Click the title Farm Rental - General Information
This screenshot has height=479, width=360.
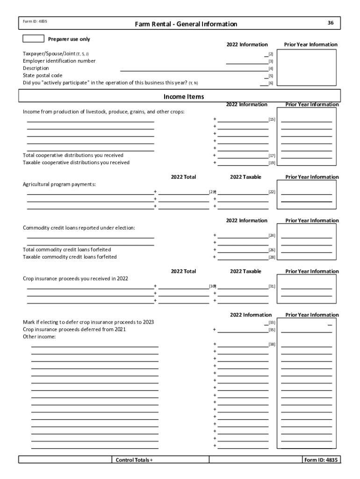click(x=186, y=24)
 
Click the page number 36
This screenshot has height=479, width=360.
click(x=331, y=22)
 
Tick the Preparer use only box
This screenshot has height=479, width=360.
click(x=33, y=39)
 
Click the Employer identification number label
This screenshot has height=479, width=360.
click(x=59, y=61)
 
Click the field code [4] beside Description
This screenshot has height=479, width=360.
click(x=271, y=68)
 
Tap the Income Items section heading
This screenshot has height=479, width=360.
click(x=184, y=96)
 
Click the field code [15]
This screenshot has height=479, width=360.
click(x=272, y=120)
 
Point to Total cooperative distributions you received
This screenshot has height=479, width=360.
click(x=73, y=155)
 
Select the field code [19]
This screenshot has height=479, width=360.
click(x=272, y=163)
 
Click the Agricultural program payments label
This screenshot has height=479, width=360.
click(x=59, y=184)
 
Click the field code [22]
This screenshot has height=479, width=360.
click(x=272, y=192)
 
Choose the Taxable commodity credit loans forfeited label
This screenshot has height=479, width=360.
click(x=70, y=257)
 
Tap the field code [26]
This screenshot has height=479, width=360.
click(x=272, y=250)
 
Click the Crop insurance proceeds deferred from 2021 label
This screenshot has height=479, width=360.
click(x=74, y=329)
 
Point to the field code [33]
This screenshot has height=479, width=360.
click(x=272, y=322)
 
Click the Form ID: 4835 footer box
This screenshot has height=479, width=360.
click(x=321, y=460)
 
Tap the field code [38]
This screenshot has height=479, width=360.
click(x=272, y=345)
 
